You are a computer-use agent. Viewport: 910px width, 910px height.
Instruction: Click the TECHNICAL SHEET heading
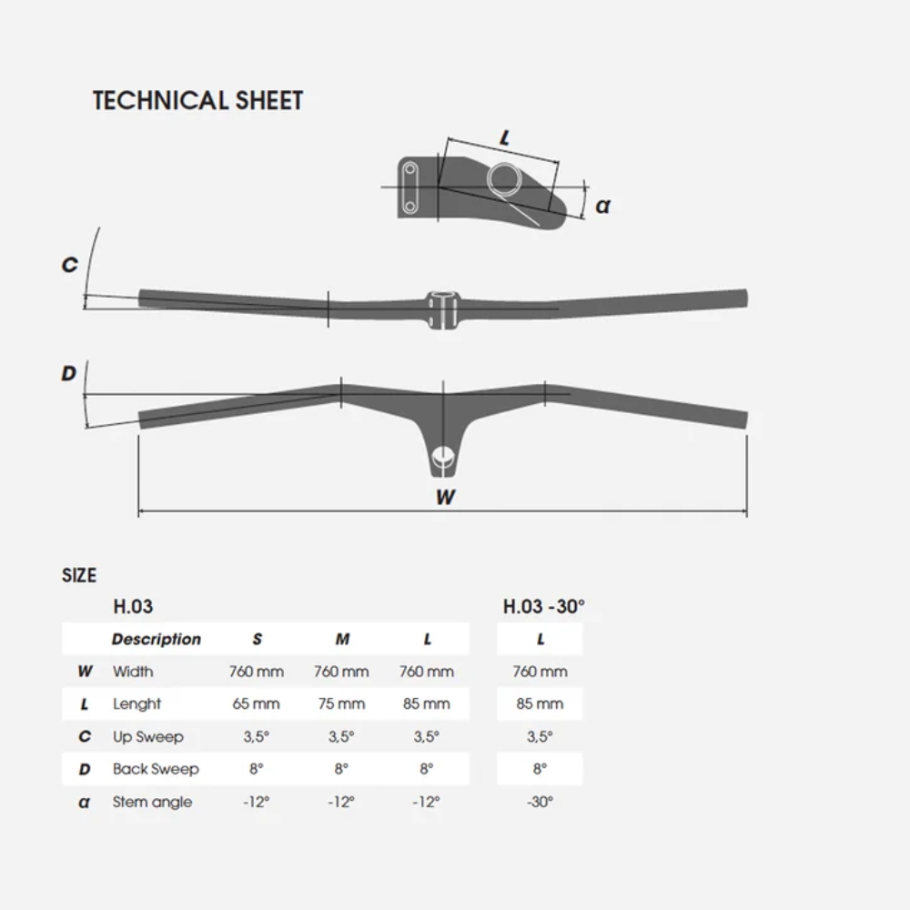(x=197, y=100)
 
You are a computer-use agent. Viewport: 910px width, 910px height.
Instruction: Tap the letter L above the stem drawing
(x=505, y=137)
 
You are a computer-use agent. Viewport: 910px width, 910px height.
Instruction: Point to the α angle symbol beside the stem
(x=603, y=206)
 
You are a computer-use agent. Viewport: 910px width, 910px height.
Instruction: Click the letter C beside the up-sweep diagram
(x=70, y=265)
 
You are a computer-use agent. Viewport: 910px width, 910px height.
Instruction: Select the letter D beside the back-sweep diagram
(x=68, y=373)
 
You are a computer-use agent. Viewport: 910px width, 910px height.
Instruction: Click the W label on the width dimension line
(x=445, y=497)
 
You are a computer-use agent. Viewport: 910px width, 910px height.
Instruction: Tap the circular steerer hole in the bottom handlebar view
(x=444, y=457)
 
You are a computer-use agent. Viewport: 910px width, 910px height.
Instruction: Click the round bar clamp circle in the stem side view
(x=504, y=179)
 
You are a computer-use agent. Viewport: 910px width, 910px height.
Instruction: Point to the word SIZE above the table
(x=79, y=575)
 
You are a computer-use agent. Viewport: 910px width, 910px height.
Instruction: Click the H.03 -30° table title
(x=544, y=606)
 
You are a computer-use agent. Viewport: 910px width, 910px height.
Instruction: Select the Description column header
(x=157, y=639)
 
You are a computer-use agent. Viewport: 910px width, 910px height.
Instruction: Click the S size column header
(x=258, y=639)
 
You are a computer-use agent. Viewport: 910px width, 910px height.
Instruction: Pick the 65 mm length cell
(x=256, y=704)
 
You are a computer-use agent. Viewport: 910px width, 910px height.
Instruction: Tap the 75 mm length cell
(x=341, y=704)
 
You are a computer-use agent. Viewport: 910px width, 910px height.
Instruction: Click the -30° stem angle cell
(x=540, y=802)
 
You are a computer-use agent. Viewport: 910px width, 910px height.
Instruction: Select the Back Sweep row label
(x=156, y=769)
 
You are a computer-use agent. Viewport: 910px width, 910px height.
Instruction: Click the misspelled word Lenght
(x=136, y=704)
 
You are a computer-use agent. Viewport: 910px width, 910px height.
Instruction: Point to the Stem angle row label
(x=152, y=802)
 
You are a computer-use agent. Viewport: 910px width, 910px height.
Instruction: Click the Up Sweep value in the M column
(x=341, y=736)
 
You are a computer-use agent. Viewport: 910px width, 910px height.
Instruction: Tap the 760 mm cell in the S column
(x=256, y=672)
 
